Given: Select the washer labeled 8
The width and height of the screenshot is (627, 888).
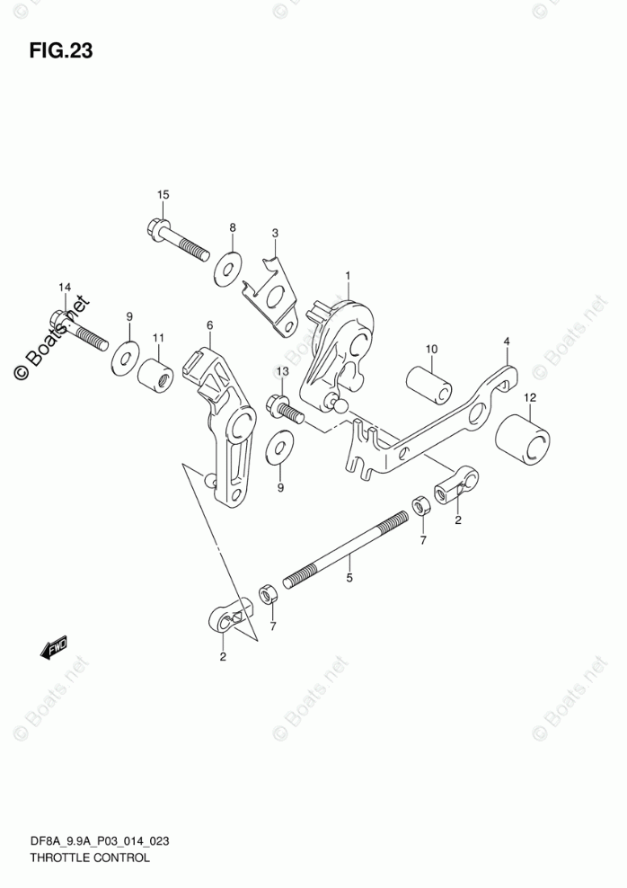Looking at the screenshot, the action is coord(227,268).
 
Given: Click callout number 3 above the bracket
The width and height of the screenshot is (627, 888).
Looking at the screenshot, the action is coord(276,233).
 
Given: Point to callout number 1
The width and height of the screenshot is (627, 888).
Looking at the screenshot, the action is coord(348,275).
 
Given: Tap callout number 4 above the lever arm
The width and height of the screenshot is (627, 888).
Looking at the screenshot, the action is coord(507,342).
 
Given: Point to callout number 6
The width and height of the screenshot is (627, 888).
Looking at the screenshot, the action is coord(208,325).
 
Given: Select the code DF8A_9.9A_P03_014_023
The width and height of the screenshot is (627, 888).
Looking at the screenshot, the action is coord(100,841).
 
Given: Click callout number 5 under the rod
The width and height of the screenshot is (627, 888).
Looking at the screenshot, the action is coord(349,579).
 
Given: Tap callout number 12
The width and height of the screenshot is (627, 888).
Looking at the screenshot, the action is coord(531,396).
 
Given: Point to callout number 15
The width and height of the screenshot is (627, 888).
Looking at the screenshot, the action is coord(163,195).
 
